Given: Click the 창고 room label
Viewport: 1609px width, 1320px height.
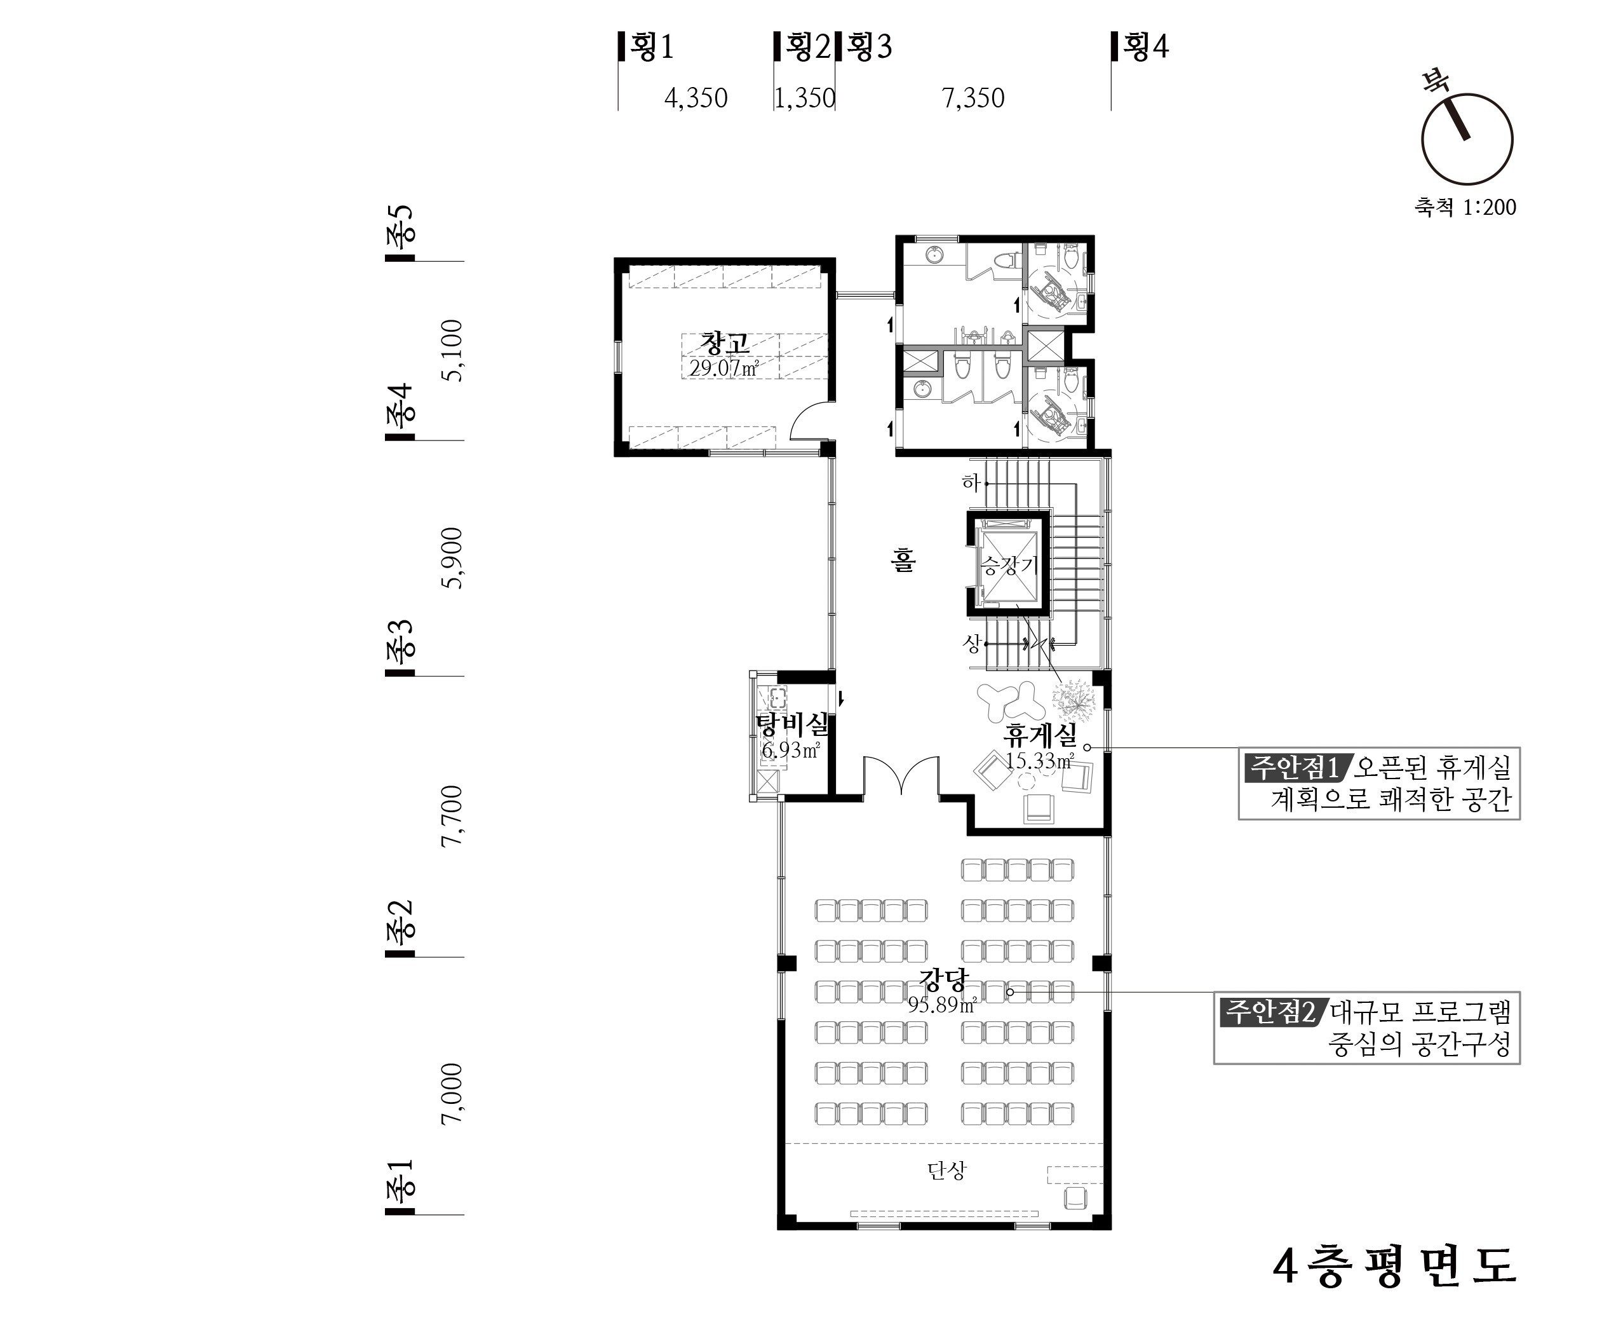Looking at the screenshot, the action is point(725,344).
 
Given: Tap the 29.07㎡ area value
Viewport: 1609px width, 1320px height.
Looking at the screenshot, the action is point(724,369).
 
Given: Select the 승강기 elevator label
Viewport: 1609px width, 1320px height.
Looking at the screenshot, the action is point(1009,564).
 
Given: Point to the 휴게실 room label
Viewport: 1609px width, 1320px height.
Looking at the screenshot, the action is point(1040,735).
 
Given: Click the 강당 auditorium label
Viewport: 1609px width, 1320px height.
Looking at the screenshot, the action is point(943,979).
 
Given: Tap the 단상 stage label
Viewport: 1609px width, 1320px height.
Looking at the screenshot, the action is point(946,1170).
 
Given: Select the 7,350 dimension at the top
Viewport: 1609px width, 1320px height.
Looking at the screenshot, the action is point(973,98).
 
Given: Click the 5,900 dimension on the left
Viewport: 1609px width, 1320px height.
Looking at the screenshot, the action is point(452,557).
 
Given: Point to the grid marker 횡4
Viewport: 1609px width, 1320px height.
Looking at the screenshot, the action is point(1140,46).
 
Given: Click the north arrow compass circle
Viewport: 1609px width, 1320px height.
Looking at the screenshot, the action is point(1467,139).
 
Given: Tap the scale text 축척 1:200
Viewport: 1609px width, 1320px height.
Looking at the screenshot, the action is point(1465,207).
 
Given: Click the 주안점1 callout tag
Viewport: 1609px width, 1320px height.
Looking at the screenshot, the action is point(1293,767).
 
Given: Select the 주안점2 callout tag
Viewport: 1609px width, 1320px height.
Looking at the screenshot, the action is point(1270,1011).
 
